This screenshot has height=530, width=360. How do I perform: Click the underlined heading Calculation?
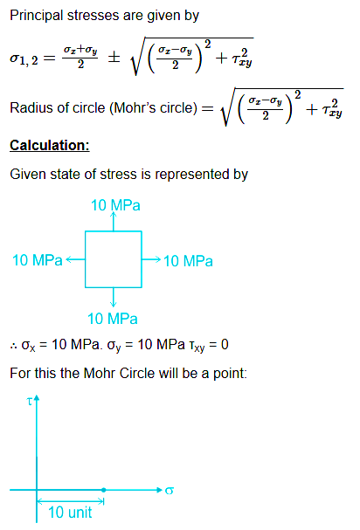pos(50,145)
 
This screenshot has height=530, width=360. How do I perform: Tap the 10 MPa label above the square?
pos(115,205)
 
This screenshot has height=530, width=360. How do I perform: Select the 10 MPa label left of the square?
pos(38,260)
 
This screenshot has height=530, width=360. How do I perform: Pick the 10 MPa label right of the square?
pos(188,261)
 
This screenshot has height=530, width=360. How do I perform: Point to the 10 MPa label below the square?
pos(113,319)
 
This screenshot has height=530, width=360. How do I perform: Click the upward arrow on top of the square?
pos(114,221)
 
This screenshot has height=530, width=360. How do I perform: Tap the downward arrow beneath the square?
pos(114,297)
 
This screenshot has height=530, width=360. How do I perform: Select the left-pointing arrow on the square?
pos(75,259)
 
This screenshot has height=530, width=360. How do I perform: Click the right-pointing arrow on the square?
pos(151,259)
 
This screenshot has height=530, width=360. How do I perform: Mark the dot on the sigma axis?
pos(103,490)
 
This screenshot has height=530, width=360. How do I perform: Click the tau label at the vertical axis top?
pos(30,402)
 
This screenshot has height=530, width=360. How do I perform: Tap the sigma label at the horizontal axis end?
pos(170,491)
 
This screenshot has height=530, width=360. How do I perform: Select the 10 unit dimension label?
pos(70,513)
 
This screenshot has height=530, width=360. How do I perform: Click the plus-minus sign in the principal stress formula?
pos(114,57)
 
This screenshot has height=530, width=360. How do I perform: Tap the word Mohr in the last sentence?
pos(100,373)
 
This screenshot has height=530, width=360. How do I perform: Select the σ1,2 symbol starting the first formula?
pos(24,59)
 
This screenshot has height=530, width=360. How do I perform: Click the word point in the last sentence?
pos(230,374)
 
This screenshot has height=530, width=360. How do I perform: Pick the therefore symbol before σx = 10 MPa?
pos(14,346)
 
